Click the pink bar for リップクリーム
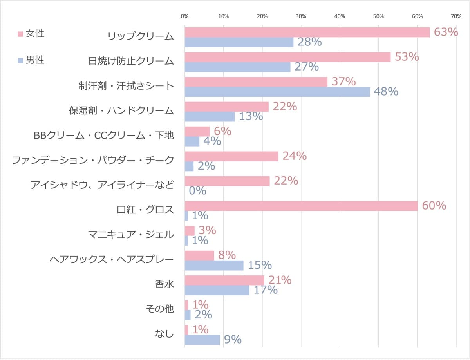pos(307,33)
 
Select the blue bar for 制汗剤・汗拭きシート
pos(277,92)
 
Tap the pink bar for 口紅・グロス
pos(301,206)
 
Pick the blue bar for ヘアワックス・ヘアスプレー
pos(214,265)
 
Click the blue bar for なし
pos(202,340)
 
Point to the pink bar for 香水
pos(224,280)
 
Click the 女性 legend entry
pos(31,34)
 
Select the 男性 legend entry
pos(31,60)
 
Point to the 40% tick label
pos(340,16)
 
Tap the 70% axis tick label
pos(456,16)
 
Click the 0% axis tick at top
pos(184,16)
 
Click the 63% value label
pos(446,32)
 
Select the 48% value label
pos(386,91)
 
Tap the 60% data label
pos(434,205)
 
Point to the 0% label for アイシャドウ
pos(197,191)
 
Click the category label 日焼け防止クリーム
pos(131,61)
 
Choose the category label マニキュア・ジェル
pos(131,235)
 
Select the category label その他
pos(160,309)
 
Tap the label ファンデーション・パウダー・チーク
pos(93,160)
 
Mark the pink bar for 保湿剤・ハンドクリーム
pos(227,107)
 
